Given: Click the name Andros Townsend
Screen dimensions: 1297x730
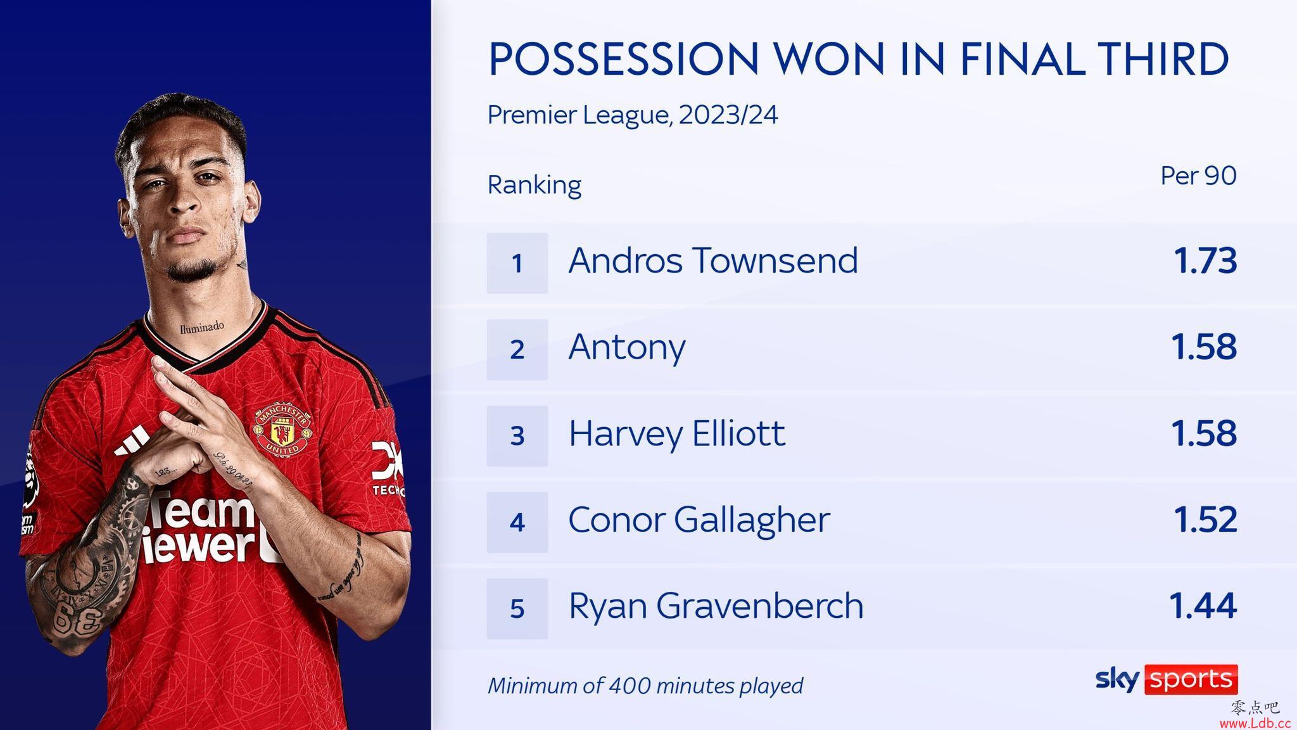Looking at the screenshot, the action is [x=713, y=260].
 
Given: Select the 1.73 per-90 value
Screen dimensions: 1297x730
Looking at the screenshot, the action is [x=1205, y=261].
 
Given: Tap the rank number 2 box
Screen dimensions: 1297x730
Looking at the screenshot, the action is [x=517, y=349].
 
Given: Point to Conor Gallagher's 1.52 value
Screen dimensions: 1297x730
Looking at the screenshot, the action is [x=1205, y=520].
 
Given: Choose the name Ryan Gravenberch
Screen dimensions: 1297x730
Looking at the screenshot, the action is [x=716, y=606].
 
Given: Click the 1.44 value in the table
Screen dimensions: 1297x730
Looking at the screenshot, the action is [x=1203, y=606].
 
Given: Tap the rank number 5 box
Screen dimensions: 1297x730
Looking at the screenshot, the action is [x=517, y=608].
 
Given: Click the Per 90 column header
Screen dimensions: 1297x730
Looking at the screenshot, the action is [x=1198, y=176].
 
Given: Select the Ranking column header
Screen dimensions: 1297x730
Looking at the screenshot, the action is [x=535, y=185].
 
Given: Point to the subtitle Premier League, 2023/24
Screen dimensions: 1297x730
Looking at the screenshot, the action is [x=633, y=115].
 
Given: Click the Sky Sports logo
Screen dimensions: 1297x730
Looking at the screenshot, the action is [x=1167, y=679].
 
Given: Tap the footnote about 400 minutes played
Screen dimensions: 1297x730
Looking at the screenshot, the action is [x=645, y=686].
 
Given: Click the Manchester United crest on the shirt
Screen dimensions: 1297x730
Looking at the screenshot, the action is [x=282, y=429].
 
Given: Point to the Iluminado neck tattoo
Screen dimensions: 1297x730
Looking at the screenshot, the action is [x=201, y=327].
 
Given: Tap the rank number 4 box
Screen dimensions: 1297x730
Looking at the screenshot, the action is [x=517, y=522].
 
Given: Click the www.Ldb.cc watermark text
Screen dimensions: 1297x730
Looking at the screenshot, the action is [x=1255, y=723].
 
